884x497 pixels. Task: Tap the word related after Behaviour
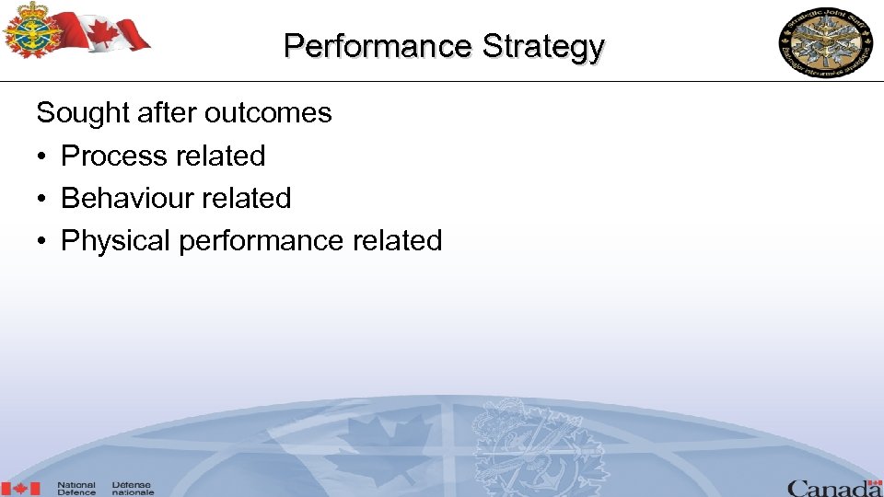pyautogui.click(x=249, y=198)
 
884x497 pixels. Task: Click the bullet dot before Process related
pyautogui.click(x=43, y=156)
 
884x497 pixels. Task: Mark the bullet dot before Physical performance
pyautogui.click(x=43, y=241)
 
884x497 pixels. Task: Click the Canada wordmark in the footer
pyautogui.click(x=833, y=487)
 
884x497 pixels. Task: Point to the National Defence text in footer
pyautogui.click(x=76, y=488)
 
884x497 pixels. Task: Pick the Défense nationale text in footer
pyautogui.click(x=133, y=488)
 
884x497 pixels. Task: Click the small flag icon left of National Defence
pyautogui.click(x=21, y=488)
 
